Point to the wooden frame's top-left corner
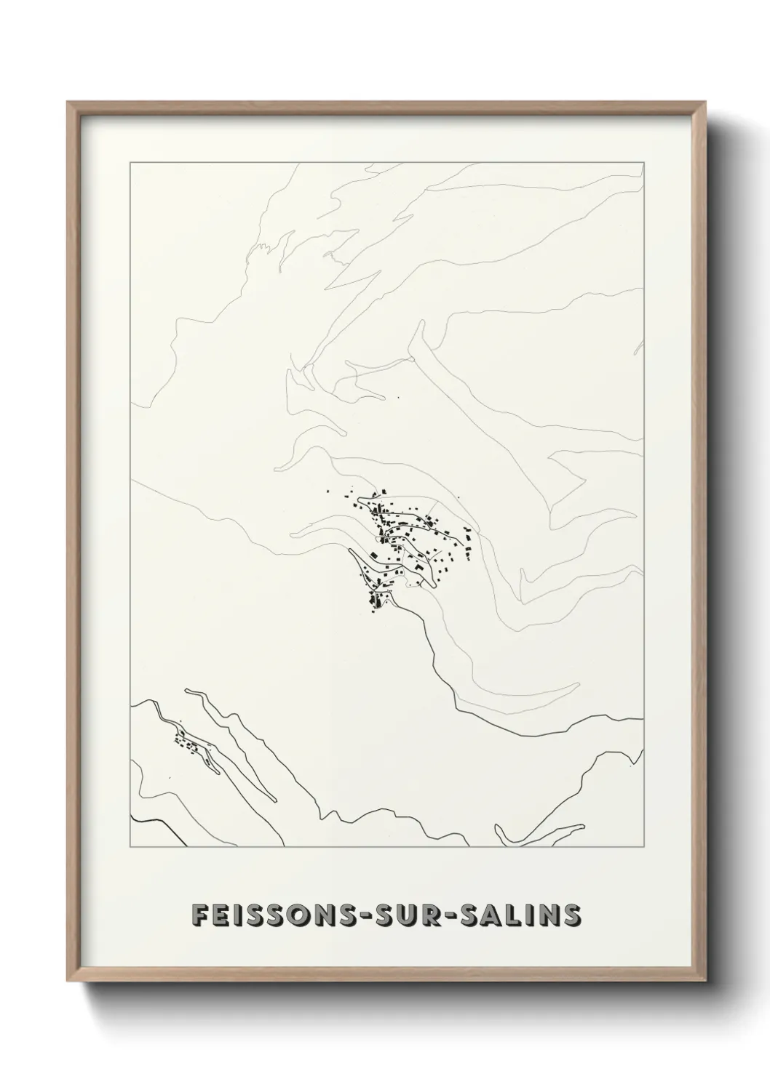pyautogui.click(x=68, y=103)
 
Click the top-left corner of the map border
pyautogui.click(x=130, y=163)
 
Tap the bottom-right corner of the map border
pyautogui.click(x=644, y=847)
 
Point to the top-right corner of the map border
pyautogui.click(x=644, y=163)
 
